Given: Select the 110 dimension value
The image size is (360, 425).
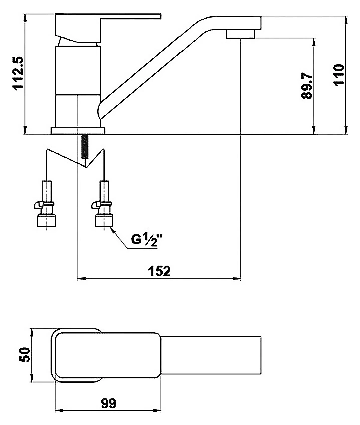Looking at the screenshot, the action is click(339, 75).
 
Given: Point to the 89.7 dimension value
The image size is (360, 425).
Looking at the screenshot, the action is click(307, 85).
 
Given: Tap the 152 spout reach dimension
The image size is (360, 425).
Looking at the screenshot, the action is click(159, 271).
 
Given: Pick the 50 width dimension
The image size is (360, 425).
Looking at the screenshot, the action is click(25, 355).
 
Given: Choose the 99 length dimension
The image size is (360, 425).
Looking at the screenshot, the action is click(109, 403).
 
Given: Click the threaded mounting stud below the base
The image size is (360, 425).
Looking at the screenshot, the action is click(85, 146).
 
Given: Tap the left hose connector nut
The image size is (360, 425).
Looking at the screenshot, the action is click(46, 220).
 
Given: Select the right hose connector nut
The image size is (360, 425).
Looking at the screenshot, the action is click(104, 220).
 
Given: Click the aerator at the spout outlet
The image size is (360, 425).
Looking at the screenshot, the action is click(241, 34).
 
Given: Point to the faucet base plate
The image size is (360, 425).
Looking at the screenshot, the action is click(78, 130).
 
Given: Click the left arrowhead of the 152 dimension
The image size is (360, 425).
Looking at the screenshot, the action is click(81, 278).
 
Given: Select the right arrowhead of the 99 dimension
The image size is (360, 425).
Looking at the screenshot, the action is click(157, 410).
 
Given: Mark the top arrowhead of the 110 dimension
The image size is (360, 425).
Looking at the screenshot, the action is click(346, 21).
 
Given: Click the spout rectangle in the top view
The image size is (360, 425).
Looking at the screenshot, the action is click(211, 355).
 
